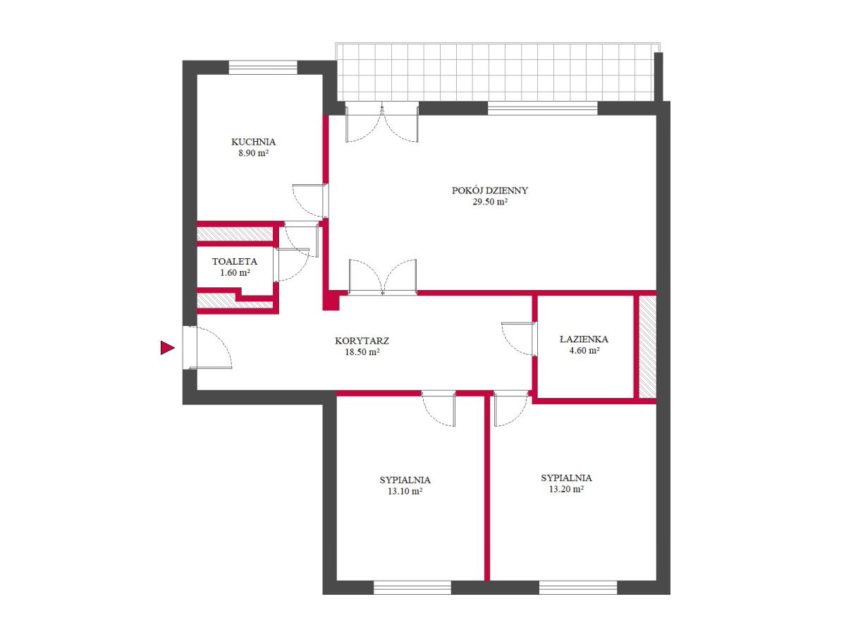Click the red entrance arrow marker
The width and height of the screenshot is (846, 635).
click(167, 347)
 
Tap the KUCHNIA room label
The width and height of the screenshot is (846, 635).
click(253, 142)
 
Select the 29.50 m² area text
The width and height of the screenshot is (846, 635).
click(489, 201)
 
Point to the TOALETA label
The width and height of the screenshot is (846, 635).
click(234, 261)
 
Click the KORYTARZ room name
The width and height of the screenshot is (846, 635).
click(362, 341)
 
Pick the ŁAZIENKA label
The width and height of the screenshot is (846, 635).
click(584, 339)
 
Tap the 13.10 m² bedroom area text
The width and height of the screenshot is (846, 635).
click(405, 491)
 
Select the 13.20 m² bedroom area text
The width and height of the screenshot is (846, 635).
click(566, 489)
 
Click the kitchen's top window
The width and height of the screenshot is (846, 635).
click(263, 67)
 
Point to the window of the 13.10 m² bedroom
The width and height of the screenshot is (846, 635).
click(412, 588)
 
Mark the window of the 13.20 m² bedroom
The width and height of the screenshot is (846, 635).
click(577, 588)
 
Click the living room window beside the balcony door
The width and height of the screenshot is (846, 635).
click(542, 108)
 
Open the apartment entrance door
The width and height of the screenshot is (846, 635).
click(207, 348)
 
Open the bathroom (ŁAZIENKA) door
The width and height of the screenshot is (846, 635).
click(518, 339)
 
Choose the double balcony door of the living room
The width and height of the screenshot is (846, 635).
click(382, 122)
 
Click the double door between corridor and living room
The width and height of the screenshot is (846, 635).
click(382, 277)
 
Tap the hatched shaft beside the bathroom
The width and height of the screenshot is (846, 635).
click(647, 346)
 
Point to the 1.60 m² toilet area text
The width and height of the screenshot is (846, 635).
click(235, 272)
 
